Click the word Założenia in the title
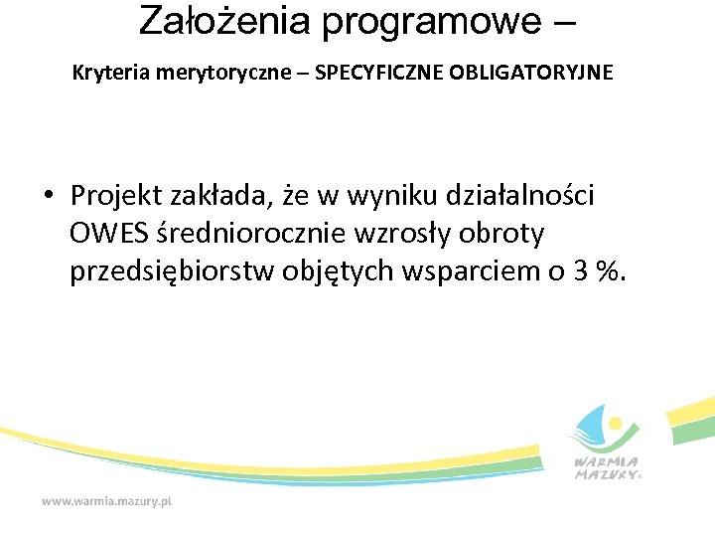coord(225,20)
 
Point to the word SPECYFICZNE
coord(371,73)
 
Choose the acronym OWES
coord(109,235)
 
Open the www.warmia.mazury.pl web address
coord(106,502)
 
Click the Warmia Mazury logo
coord(607,444)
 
